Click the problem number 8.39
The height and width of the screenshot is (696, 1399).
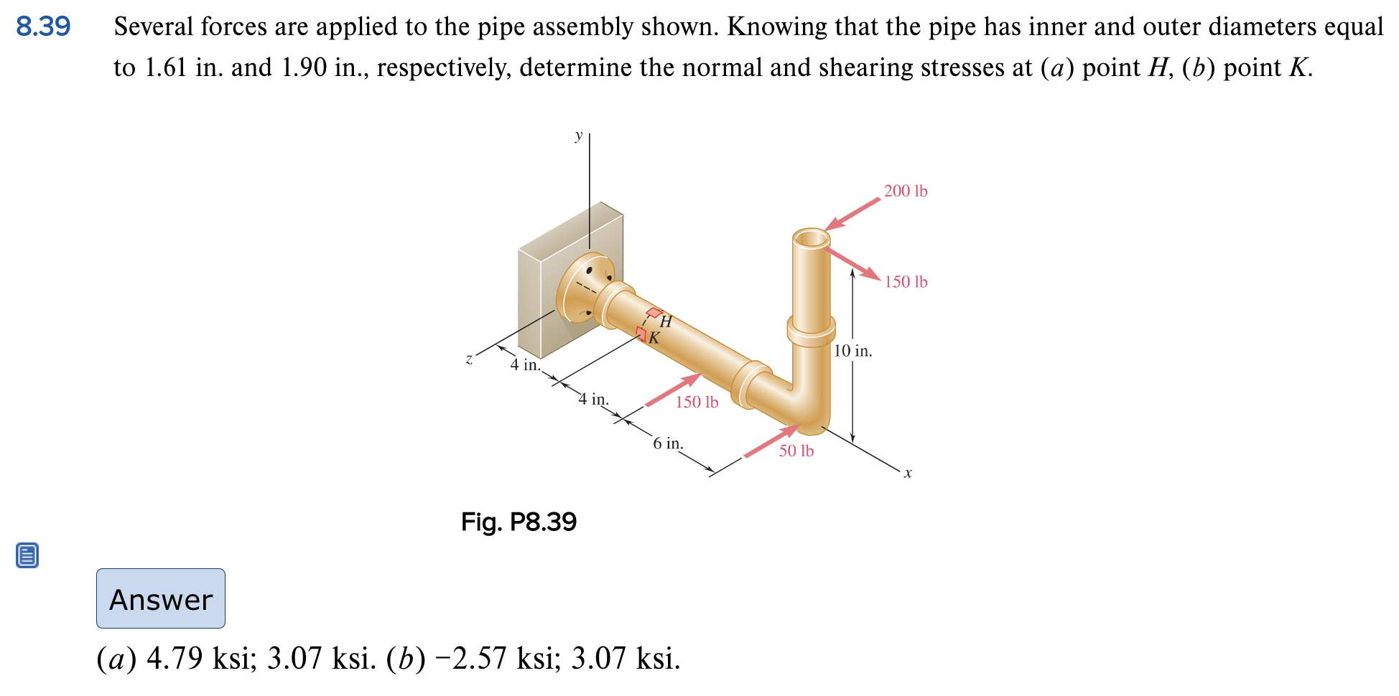coord(43,27)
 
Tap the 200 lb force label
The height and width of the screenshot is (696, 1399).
coord(905,191)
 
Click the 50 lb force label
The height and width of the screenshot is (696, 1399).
coord(796,451)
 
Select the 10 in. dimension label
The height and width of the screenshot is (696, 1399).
coord(852,351)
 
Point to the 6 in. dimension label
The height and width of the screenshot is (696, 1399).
coord(668,443)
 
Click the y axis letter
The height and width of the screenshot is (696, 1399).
coord(578,134)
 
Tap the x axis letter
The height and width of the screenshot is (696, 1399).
coord(908,473)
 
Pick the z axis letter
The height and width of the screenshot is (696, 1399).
coord(469,359)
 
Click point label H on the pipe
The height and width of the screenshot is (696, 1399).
coord(666,321)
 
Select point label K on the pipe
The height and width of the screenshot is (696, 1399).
coord(654,338)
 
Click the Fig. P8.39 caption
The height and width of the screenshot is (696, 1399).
coord(519,522)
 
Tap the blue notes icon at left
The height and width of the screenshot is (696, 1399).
coord(27,555)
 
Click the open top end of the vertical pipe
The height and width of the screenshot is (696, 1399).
coord(812,238)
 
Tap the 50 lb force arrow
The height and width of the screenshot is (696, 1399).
coord(771,441)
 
